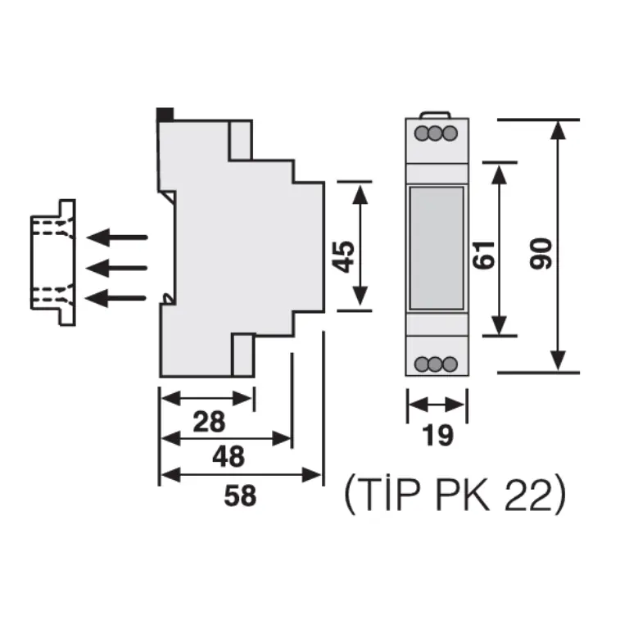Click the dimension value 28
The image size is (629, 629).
click(209, 422)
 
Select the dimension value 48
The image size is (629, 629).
click(229, 456)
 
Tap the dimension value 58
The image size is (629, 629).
click(240, 496)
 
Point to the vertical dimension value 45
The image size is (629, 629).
click(344, 257)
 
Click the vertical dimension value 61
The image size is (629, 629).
click(483, 256)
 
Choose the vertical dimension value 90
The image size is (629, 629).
click(541, 254)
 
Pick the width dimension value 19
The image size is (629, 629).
click(437, 435)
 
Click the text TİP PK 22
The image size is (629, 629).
click(455, 493)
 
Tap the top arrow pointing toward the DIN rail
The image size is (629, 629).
click(117, 238)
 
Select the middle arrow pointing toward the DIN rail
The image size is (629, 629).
click(117, 268)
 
